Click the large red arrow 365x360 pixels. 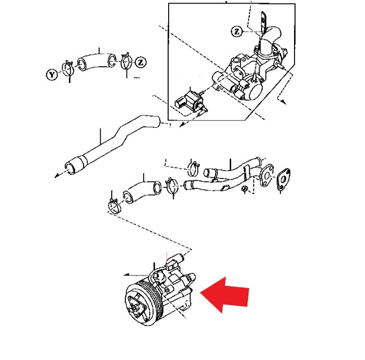click(225, 295)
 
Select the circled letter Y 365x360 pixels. click(52, 75)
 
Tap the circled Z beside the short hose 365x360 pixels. click(140, 62)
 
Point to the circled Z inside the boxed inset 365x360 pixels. click(237, 31)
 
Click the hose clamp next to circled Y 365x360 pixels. click(68, 68)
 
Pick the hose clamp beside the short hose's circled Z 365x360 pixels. click(126, 62)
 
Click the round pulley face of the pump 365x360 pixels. click(137, 305)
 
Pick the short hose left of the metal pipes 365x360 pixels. click(142, 191)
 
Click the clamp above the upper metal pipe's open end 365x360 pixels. click(193, 169)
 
